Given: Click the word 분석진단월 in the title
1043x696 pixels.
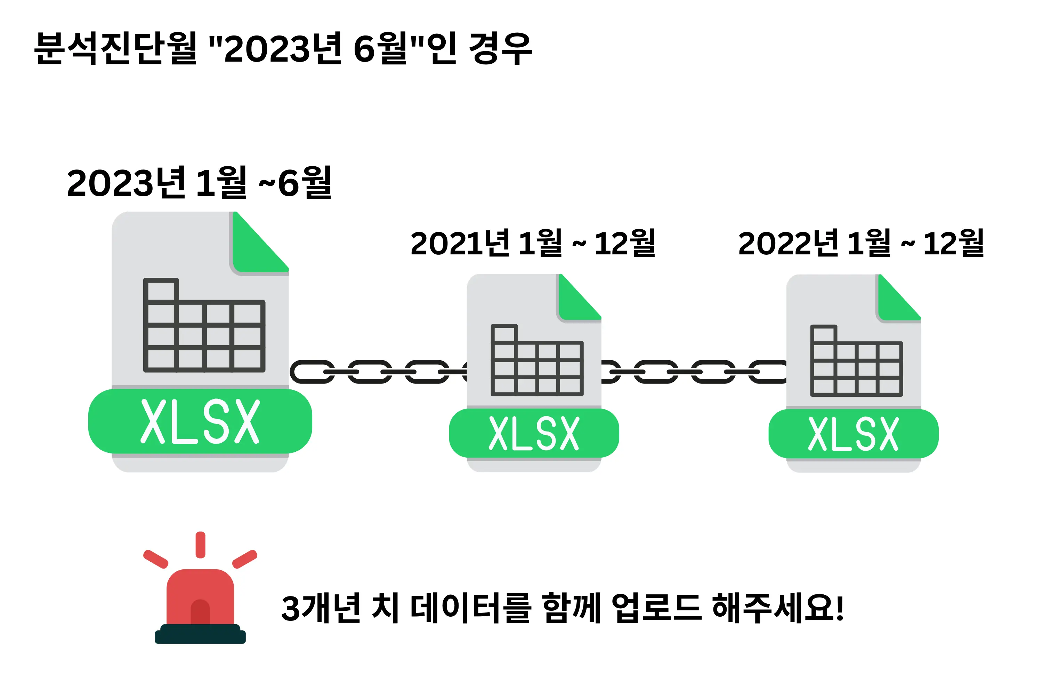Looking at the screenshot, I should tap(115, 48).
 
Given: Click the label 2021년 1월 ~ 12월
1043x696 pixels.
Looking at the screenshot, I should tap(533, 243).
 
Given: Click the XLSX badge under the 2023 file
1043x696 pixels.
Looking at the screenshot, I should tap(200, 421).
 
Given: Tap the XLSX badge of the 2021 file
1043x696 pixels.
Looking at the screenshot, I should tap(534, 433).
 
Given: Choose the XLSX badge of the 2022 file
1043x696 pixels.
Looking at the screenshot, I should tap(853, 434).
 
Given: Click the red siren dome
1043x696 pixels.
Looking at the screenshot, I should tap(200, 597).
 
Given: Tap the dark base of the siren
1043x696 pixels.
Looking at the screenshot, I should tap(200, 635).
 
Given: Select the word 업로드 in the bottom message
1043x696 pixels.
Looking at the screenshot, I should tap(656, 608).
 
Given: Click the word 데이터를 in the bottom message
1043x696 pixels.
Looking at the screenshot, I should tap(470, 608).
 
